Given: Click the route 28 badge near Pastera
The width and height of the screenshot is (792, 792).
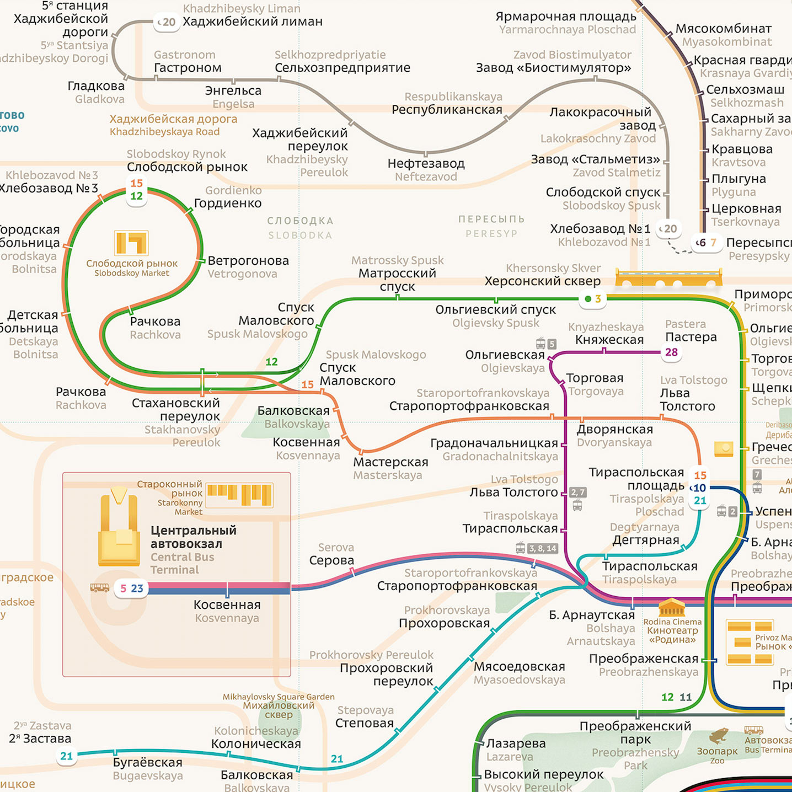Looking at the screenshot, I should (x=671, y=352).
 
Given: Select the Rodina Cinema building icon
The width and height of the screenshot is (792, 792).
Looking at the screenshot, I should (x=671, y=608).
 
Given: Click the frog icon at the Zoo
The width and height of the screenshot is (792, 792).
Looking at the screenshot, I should (x=718, y=736).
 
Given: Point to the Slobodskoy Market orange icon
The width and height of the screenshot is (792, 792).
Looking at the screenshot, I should (x=131, y=243).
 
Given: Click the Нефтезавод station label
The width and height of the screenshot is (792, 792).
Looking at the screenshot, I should (x=426, y=163).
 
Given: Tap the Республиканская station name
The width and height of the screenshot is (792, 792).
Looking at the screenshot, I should (x=447, y=110).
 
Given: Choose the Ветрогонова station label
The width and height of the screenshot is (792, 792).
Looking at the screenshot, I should (x=248, y=260).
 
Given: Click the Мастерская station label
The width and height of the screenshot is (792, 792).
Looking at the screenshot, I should (x=390, y=462).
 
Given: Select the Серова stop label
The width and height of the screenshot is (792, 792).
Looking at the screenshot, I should (x=331, y=560).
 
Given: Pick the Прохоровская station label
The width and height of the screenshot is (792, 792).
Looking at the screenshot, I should (x=444, y=623).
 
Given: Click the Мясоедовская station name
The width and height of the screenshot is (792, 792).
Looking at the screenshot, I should (x=520, y=666).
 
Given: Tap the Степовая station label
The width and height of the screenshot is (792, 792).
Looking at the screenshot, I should (x=365, y=723).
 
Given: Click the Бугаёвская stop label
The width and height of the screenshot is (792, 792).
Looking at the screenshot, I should (x=147, y=762).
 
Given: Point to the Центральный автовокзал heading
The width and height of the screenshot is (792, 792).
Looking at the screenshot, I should (x=193, y=537).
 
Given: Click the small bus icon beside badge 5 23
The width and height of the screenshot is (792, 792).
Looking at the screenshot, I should (x=100, y=588).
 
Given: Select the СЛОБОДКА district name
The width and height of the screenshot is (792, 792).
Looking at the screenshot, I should (x=300, y=221).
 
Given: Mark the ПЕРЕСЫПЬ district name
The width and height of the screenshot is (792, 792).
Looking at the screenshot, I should (x=491, y=219).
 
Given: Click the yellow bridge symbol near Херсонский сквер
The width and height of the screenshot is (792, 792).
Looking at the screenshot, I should (x=668, y=278).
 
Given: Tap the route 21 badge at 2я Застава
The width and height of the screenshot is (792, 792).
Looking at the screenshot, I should (x=67, y=756).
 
